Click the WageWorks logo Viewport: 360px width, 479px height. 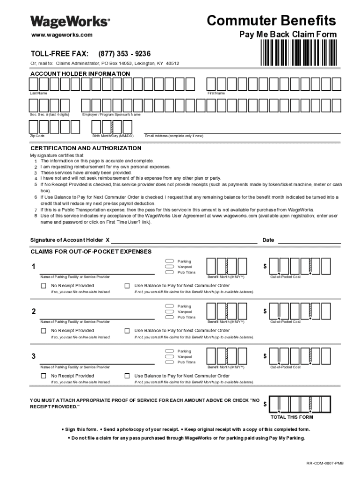point(71,22)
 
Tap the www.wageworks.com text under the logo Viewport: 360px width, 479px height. point(62,35)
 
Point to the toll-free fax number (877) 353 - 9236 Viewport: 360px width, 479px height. point(124,54)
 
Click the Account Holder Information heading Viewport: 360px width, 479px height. point(80,74)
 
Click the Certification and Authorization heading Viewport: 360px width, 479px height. point(86,148)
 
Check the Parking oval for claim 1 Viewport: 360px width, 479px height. point(169,261)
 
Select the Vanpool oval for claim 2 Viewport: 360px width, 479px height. point(169,312)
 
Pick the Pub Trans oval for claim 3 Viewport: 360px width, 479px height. point(169,362)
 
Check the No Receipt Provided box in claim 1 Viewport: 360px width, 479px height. point(43,286)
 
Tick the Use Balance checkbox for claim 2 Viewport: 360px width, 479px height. point(127,331)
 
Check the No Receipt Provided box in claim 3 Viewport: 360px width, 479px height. point(43,376)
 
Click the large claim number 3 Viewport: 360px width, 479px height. point(33,357)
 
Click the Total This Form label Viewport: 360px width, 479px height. point(292,417)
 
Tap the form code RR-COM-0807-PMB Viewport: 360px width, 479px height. point(324,463)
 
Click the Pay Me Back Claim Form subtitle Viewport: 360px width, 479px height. point(288,35)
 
